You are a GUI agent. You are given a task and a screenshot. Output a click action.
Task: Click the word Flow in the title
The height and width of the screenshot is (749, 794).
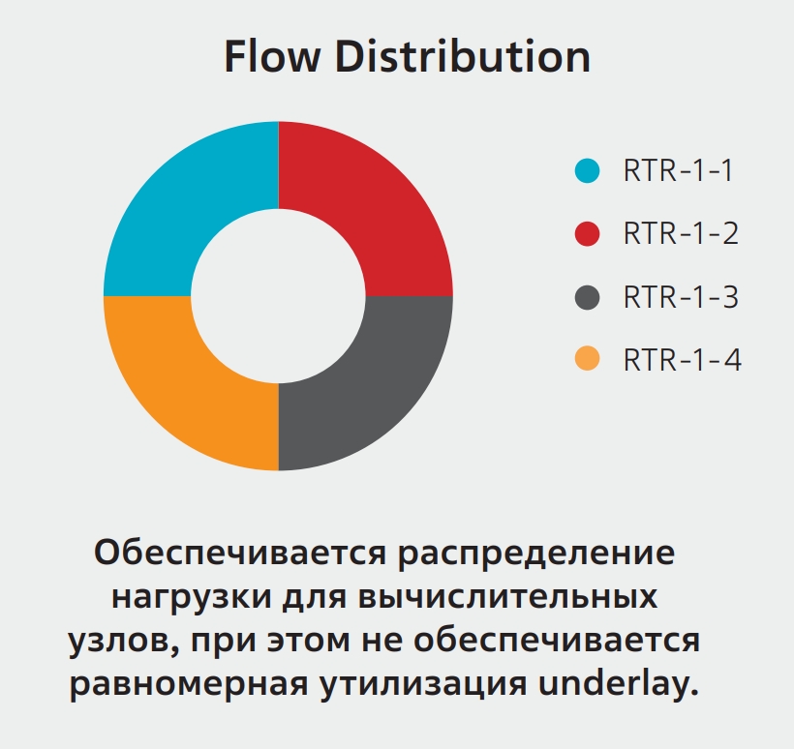tap(272, 56)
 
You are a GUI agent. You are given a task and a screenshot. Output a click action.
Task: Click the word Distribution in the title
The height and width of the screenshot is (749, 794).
tap(463, 56)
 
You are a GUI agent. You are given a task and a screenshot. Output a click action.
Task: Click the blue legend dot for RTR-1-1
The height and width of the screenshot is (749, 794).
tap(588, 170)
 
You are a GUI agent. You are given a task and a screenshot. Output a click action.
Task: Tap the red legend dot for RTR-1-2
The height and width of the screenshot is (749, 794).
tap(588, 234)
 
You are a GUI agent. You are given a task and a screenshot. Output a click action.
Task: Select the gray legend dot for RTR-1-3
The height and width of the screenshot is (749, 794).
tap(588, 297)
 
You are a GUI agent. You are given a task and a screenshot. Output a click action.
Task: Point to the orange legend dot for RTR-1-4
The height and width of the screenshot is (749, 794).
tap(588, 359)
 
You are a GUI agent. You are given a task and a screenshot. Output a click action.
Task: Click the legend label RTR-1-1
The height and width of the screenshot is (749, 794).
tap(678, 170)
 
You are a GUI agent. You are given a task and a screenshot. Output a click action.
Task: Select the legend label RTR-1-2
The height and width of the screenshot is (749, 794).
tap(681, 234)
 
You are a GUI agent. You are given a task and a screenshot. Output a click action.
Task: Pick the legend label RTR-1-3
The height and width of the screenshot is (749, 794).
tap(681, 297)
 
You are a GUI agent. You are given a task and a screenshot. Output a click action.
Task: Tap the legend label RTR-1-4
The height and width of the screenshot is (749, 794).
tap(683, 360)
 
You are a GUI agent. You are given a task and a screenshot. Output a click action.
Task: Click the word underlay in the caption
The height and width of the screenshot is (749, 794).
tap(619, 683)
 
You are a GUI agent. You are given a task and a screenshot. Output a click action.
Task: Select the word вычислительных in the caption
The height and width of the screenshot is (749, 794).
tap(508, 597)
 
